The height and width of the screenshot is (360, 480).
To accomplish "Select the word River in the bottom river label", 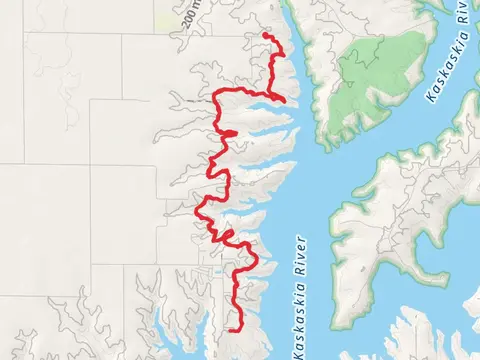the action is point(303,262).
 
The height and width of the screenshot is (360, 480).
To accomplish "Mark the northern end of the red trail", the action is point(265,35).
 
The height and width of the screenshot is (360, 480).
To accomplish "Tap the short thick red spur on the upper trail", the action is point(229,132).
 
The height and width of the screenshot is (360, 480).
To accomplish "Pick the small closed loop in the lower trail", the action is point(228,236).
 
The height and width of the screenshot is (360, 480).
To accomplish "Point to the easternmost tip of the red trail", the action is point(286,100).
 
